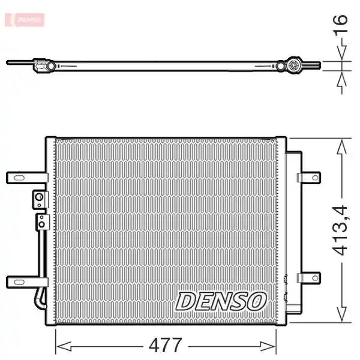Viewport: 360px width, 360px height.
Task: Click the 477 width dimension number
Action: [x=166, y=345]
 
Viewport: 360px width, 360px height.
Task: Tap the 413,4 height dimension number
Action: [x=341, y=230]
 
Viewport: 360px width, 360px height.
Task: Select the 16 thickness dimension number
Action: [x=340, y=25]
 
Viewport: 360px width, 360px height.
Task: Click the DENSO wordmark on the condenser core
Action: [x=221, y=301]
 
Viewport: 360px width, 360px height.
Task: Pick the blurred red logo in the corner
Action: [x=25, y=20]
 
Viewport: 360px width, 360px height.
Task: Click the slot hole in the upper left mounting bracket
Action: [x=19, y=178]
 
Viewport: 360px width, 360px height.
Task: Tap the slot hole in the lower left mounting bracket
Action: [x=19, y=282]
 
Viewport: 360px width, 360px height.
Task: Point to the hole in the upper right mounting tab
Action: [x=315, y=178]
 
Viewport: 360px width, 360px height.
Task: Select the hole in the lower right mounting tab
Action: [x=315, y=278]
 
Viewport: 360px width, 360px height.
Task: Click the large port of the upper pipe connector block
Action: [x=39, y=197]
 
